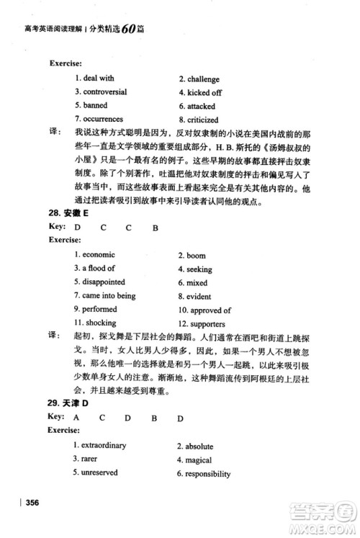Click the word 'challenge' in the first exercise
click(203, 80)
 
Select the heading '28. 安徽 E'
click(68, 214)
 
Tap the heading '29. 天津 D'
click(68, 403)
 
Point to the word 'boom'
click(196, 256)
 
